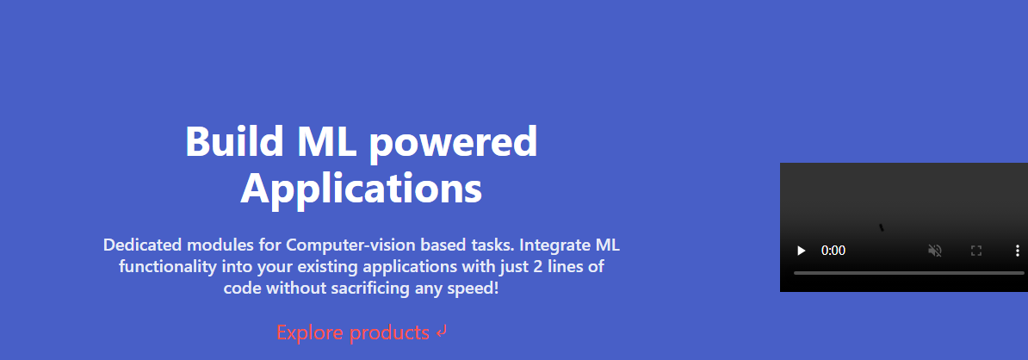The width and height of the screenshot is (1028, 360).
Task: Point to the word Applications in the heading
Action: (x=362, y=188)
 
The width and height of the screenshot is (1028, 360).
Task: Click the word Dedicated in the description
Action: (x=142, y=245)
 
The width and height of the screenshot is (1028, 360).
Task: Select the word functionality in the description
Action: (x=166, y=268)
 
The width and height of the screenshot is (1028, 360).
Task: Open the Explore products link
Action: (x=353, y=332)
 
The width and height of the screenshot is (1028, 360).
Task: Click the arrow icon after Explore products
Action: (x=441, y=332)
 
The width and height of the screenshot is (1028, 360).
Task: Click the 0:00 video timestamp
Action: (x=833, y=251)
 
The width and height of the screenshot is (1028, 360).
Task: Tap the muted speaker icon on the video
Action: (x=935, y=251)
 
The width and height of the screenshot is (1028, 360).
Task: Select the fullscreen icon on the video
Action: (x=976, y=251)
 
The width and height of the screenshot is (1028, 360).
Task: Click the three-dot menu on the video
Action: (x=1018, y=251)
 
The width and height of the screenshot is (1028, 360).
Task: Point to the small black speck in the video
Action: (x=882, y=227)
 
